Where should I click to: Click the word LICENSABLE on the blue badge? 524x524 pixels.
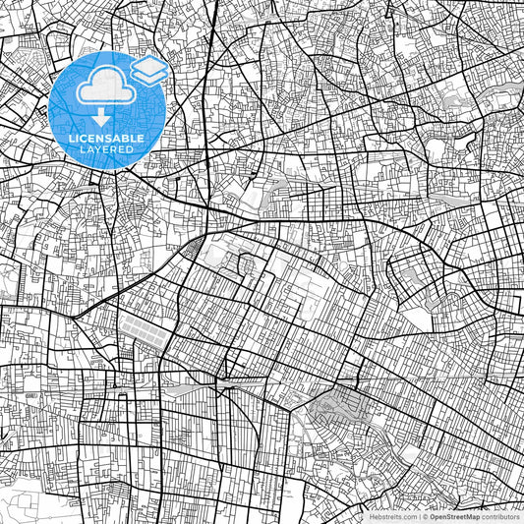pyautogui.click(x=107, y=139)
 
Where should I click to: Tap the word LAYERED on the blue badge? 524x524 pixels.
pyautogui.click(x=108, y=149)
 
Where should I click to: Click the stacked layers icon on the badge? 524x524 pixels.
pyautogui.click(x=148, y=70)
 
